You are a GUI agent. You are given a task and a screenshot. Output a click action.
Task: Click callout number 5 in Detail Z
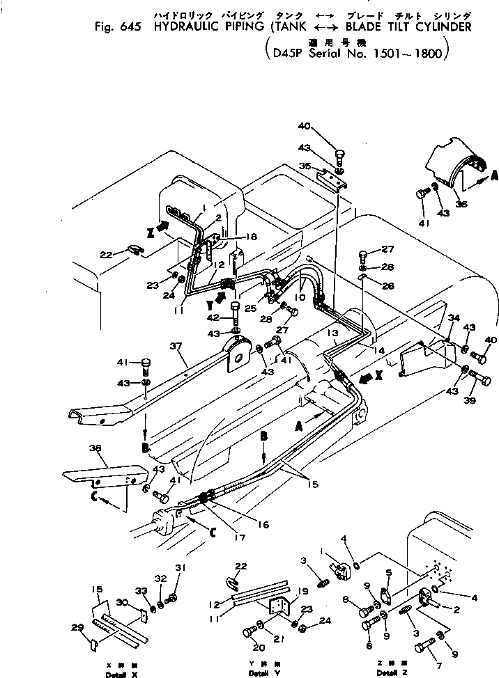[x=387, y=573]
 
